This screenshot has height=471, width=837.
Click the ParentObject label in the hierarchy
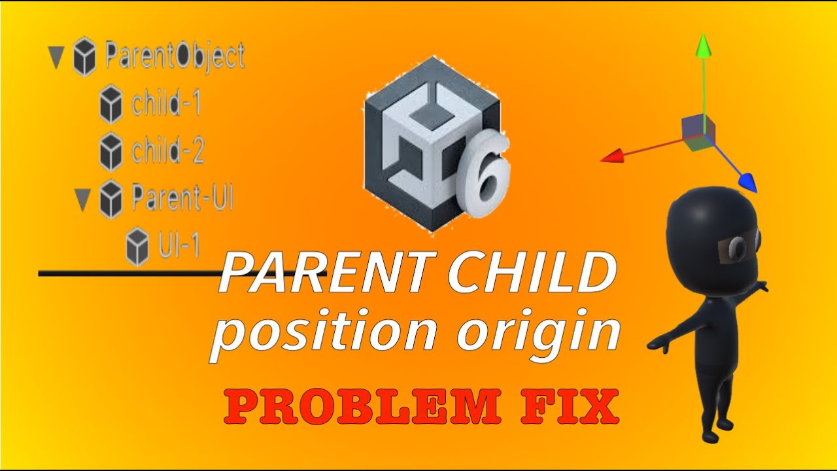pyautogui.click(x=175, y=57)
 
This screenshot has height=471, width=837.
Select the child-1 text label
pyautogui.click(x=166, y=104)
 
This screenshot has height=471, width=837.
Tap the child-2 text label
pyautogui.click(x=168, y=151)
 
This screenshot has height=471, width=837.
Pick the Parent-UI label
pyautogui.click(x=182, y=198)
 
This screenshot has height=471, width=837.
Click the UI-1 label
pyautogui.click(x=179, y=245)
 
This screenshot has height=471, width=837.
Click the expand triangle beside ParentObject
pyautogui.click(x=56, y=58)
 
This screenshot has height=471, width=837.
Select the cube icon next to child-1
pyautogui.click(x=111, y=105)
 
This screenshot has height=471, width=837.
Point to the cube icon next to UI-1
pyautogui.click(x=137, y=246)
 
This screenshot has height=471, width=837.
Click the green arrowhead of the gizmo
pyautogui.click(x=703, y=46)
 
